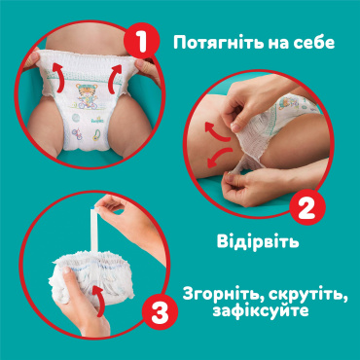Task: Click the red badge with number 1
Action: (x=142, y=41)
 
